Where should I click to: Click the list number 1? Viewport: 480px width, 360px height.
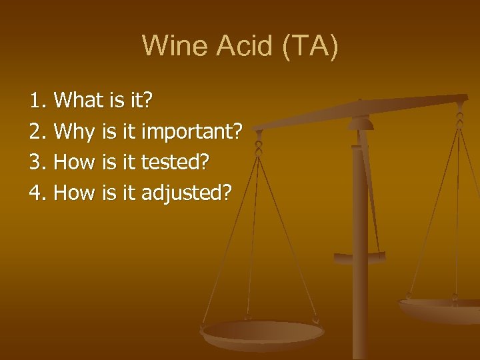coord(37,101)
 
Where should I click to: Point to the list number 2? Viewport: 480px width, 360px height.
coord(37,132)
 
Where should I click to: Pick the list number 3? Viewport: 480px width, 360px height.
coord(37,163)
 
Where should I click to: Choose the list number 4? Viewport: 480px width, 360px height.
coord(37,193)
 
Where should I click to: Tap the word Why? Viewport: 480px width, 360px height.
coord(75,132)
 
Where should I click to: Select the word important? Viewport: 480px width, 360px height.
coord(193,132)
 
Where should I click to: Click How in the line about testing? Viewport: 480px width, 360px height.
coord(75,163)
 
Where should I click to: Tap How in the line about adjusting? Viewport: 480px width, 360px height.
coord(75,193)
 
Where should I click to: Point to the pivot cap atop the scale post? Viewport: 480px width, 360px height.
coord(361,123)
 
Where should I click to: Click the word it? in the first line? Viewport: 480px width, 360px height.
coord(140,101)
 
